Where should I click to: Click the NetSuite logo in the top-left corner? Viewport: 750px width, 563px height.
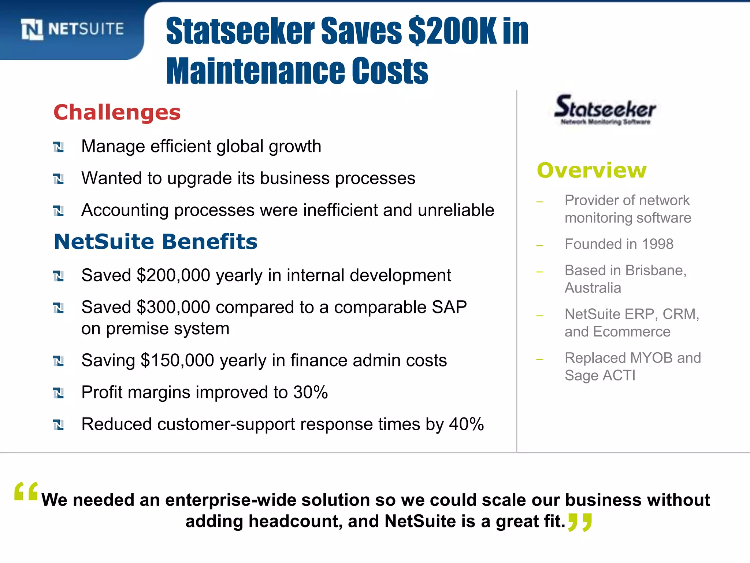point(73,29)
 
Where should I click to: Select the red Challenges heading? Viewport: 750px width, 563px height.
point(117,112)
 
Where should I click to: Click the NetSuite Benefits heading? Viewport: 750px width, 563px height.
point(156,242)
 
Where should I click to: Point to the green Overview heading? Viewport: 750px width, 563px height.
point(592,170)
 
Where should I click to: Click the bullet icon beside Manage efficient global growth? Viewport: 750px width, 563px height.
point(59,147)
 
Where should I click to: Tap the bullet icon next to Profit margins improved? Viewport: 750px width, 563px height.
point(59,393)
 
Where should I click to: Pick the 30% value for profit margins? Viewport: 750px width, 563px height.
point(310,392)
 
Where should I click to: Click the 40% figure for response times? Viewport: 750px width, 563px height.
point(466,424)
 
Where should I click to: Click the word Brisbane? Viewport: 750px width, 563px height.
point(656,271)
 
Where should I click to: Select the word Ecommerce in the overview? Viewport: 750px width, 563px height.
point(631,332)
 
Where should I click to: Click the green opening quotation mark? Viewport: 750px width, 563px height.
point(26,492)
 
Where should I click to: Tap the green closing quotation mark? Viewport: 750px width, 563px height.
point(580,522)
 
